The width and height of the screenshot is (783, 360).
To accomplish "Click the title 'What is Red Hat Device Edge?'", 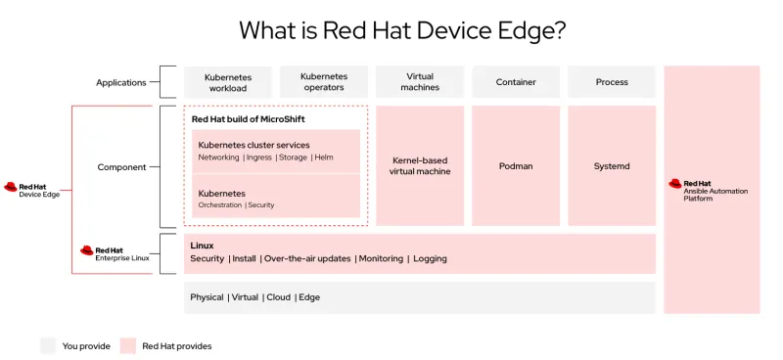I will click(402, 30).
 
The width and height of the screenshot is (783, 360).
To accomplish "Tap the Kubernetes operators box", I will click(323, 82).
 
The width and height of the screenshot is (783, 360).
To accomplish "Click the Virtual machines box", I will click(420, 82).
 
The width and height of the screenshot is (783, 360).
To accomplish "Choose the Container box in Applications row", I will click(516, 82).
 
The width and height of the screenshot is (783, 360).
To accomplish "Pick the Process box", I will click(612, 82).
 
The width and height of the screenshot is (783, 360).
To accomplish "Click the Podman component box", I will click(516, 166).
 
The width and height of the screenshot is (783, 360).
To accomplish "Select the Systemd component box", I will click(612, 166).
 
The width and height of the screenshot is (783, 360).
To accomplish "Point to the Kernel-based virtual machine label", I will click(421, 166).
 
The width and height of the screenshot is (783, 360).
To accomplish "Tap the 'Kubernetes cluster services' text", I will click(253, 145).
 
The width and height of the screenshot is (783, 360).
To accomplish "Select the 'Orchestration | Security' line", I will click(236, 205).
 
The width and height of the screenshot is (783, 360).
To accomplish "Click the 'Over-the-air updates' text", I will click(307, 259).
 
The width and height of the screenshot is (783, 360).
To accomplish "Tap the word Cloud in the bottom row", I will click(278, 297).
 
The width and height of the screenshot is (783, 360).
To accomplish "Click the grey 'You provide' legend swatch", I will click(48, 345).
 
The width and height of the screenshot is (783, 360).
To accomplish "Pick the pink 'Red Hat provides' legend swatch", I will click(128, 345).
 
